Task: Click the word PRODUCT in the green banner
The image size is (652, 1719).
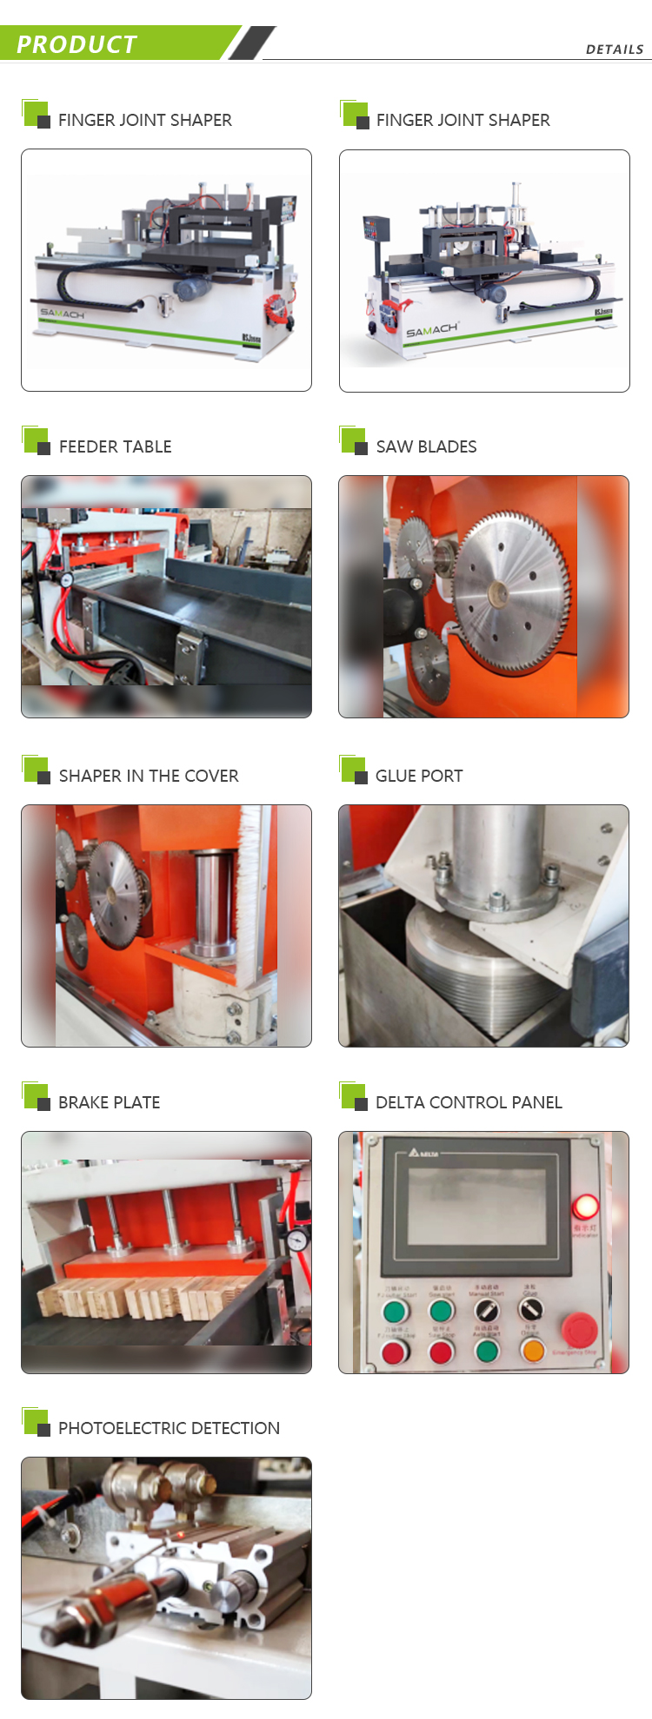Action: (x=77, y=44)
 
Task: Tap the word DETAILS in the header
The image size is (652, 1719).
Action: (x=615, y=50)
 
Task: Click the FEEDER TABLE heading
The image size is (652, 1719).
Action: (x=115, y=446)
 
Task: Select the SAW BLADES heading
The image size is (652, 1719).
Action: (x=426, y=446)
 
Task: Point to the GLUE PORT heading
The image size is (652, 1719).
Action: (x=419, y=776)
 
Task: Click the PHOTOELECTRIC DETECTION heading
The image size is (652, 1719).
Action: (x=169, y=1428)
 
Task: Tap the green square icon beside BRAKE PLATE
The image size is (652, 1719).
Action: (x=36, y=1096)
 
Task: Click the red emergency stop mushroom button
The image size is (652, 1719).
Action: (x=578, y=1329)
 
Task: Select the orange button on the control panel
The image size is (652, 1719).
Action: (x=532, y=1351)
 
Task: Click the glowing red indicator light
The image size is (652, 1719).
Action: (x=585, y=1207)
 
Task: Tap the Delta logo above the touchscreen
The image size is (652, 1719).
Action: (x=423, y=1153)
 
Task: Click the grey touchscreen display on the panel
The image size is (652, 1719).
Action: (x=476, y=1207)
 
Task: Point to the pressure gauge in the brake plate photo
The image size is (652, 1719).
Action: (x=297, y=1240)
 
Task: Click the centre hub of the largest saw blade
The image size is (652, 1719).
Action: (x=498, y=594)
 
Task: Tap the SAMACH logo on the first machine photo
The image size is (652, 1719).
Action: (x=62, y=313)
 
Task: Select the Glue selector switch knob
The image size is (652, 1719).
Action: (x=529, y=1309)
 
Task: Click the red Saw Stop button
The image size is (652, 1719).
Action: (x=442, y=1352)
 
